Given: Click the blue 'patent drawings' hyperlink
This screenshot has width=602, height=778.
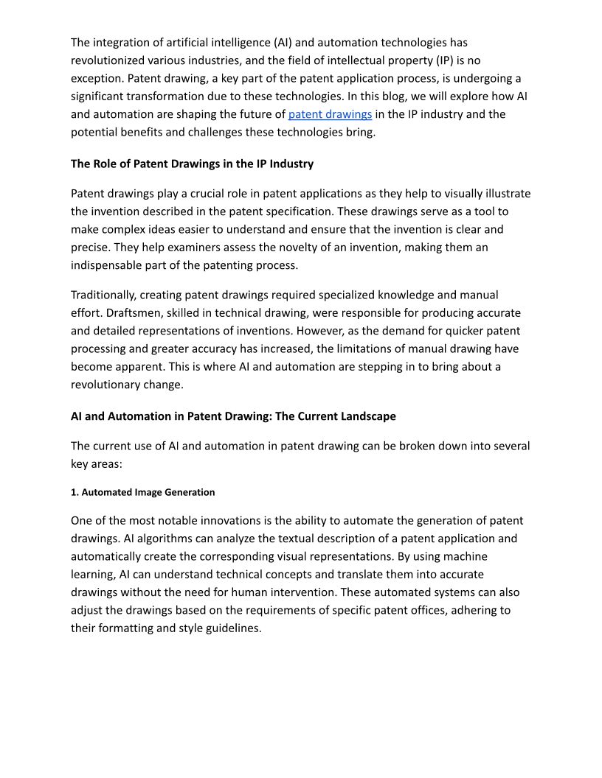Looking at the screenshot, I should tap(330, 114).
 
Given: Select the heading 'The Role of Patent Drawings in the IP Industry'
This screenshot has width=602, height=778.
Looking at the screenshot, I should tap(192, 164).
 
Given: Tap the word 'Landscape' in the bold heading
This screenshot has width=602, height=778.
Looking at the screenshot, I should tap(368, 416).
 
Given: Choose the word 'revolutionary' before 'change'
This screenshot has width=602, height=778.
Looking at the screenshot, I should tap(108, 384).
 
